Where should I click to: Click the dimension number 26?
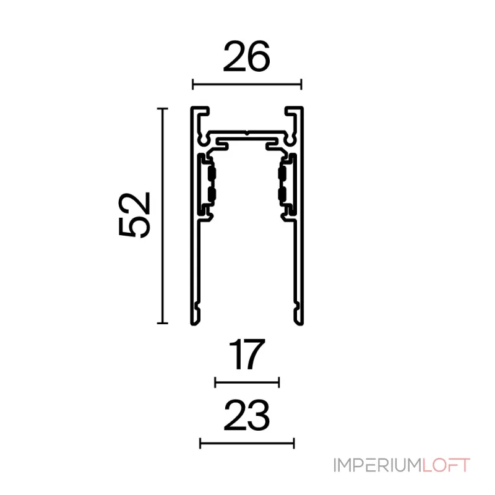click(x=246, y=56)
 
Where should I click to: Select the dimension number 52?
click(x=134, y=214)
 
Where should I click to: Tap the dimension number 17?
click(x=247, y=354)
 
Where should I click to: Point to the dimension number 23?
click(x=246, y=415)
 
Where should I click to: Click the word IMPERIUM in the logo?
click(x=377, y=465)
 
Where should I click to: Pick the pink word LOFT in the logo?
click(x=446, y=465)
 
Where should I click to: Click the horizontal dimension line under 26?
click(x=247, y=84)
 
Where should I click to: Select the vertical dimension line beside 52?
click(x=162, y=216)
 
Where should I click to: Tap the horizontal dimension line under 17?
click(x=247, y=382)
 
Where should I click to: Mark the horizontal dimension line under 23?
click(x=247, y=444)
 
